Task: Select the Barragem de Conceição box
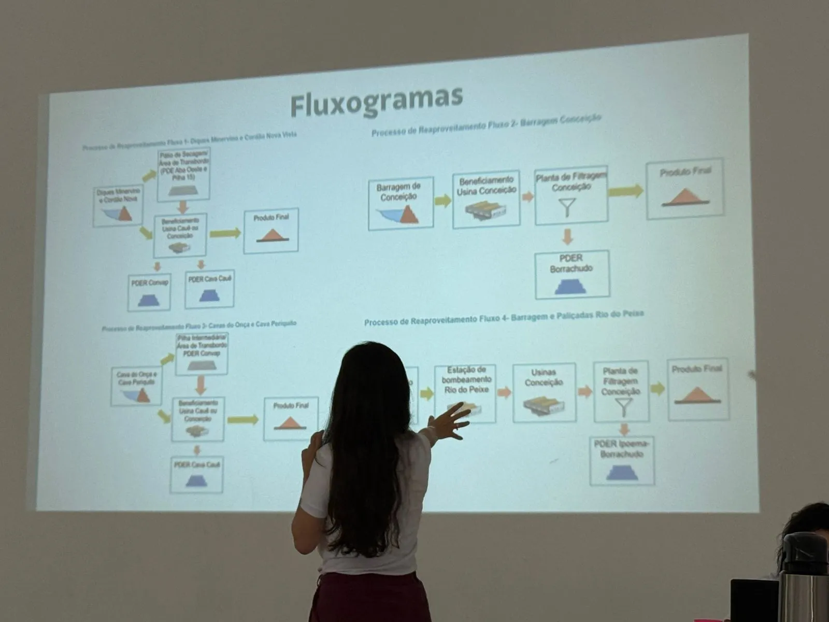(x=401, y=203)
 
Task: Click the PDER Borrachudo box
(x=572, y=274)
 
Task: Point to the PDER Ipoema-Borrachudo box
(x=622, y=461)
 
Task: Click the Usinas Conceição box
(x=544, y=392)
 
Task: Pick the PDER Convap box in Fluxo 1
(x=149, y=292)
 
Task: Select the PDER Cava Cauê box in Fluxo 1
(x=209, y=289)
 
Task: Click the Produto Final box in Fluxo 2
(x=684, y=188)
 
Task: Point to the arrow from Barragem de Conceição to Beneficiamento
(x=442, y=201)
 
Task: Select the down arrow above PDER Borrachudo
(x=568, y=237)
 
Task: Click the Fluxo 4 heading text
(x=504, y=318)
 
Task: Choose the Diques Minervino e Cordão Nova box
(x=119, y=206)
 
